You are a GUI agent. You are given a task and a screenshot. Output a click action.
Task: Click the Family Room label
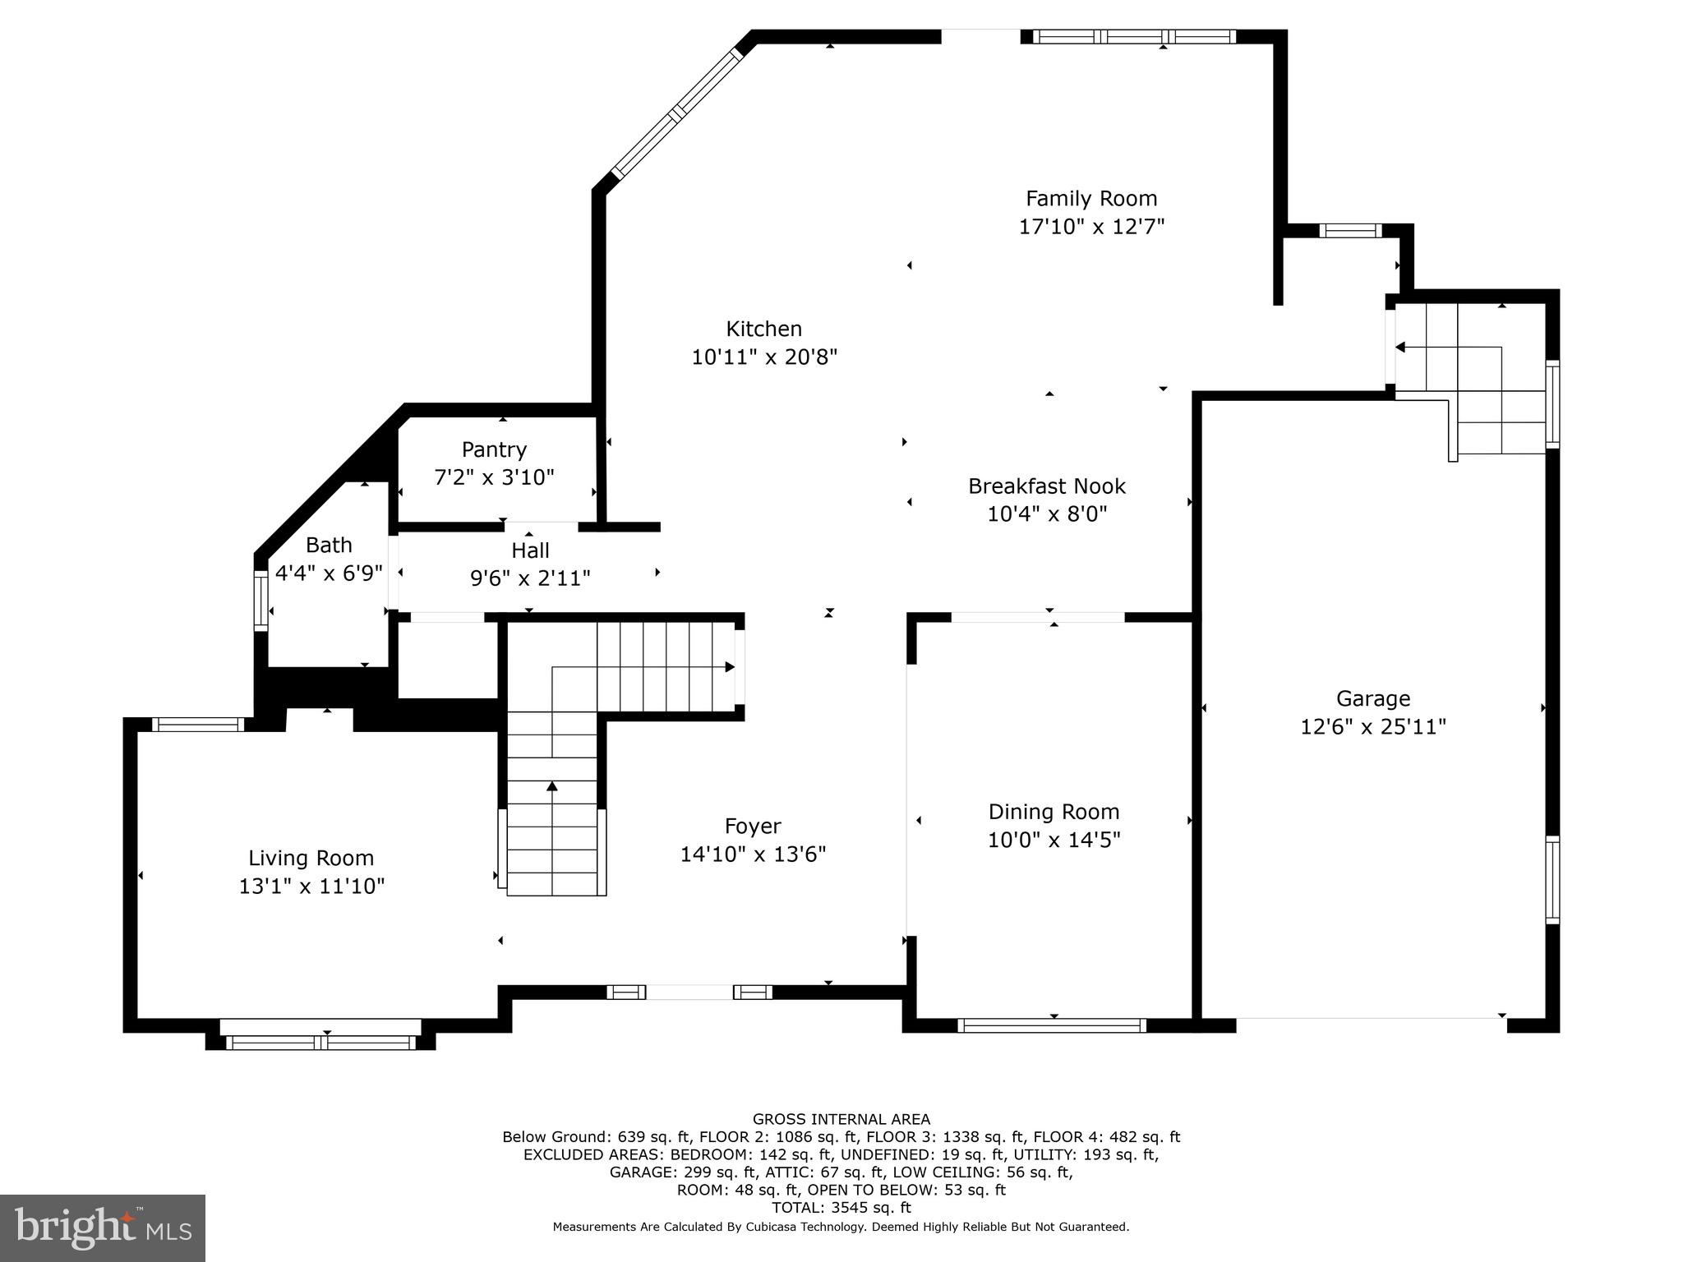[x=1090, y=199]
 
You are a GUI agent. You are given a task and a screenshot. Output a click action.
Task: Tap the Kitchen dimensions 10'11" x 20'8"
[x=763, y=357]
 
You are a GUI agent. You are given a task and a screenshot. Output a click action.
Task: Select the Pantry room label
[x=494, y=449]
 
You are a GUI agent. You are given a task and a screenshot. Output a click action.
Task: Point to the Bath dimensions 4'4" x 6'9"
[x=329, y=573]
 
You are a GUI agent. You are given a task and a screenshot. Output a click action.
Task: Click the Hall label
[x=530, y=550]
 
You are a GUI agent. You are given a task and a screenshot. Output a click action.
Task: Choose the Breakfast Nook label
[x=1046, y=486]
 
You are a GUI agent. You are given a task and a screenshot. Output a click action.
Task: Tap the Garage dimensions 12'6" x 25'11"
[x=1372, y=727]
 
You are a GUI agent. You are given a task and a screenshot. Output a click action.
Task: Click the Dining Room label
[x=1054, y=812]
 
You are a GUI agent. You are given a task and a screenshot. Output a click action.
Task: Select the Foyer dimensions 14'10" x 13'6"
[x=752, y=854]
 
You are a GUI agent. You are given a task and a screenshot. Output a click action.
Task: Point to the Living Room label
[x=311, y=859]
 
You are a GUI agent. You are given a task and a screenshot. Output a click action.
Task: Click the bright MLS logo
[x=103, y=1227]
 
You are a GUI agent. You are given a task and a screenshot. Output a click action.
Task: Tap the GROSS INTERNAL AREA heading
[x=841, y=1119]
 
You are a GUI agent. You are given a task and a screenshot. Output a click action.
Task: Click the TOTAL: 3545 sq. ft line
[x=841, y=1208]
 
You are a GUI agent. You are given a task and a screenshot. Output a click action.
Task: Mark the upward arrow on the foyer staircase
[x=552, y=787]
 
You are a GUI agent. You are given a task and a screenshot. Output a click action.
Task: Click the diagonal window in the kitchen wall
[x=676, y=113]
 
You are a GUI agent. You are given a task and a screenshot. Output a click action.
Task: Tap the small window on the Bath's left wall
[x=261, y=601]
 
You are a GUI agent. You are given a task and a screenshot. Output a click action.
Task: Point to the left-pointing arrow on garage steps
[x=1400, y=348]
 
